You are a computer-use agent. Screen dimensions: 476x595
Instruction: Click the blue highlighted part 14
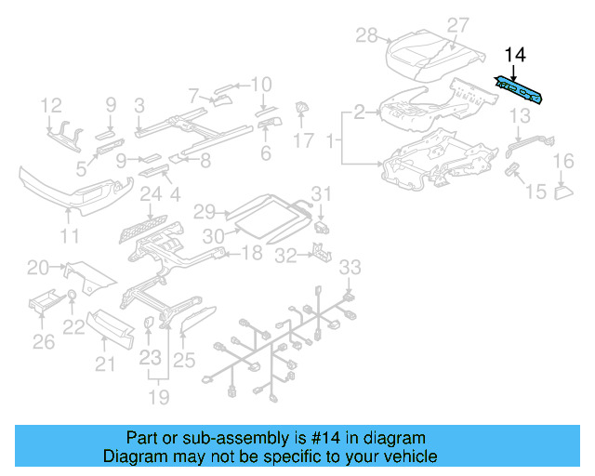[522, 91]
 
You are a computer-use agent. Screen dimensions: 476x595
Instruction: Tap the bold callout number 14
[515, 56]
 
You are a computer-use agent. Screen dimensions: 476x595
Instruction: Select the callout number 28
[366, 35]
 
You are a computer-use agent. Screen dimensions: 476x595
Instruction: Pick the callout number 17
[304, 141]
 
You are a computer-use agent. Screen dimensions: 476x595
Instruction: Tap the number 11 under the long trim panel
[70, 235]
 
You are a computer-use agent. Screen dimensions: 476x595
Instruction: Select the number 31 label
[321, 193]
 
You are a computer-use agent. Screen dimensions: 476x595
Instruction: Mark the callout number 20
[38, 269]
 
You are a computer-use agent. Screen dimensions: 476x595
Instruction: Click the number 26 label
[44, 342]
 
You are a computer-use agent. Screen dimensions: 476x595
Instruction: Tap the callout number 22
[73, 327]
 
